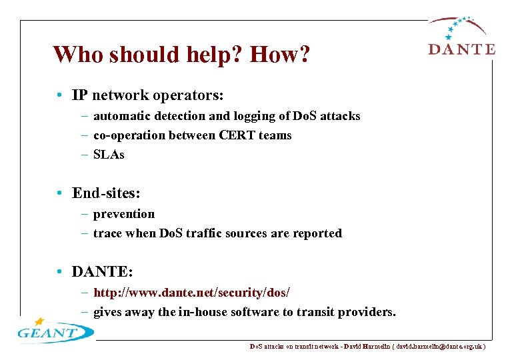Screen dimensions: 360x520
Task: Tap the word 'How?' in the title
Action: [279, 55]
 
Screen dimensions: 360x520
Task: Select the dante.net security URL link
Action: [192, 293]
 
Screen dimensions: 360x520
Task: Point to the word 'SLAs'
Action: [109, 155]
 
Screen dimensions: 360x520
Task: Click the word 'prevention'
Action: [124, 214]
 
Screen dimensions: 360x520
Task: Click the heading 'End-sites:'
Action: [107, 193]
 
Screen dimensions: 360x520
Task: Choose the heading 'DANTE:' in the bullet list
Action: [103, 272]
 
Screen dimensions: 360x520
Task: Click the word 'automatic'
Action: [122, 116]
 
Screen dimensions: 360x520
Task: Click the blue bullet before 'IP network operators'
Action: [60, 96]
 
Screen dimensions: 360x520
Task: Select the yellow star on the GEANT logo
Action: [39, 321]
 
